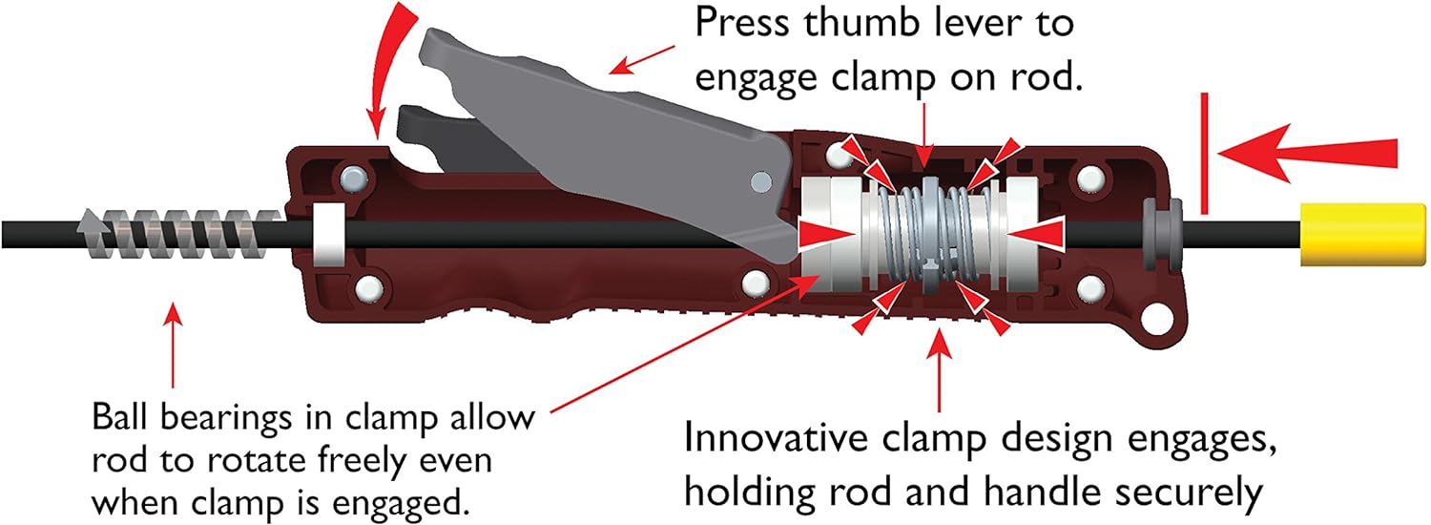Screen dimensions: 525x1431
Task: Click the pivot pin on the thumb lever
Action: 759,180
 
